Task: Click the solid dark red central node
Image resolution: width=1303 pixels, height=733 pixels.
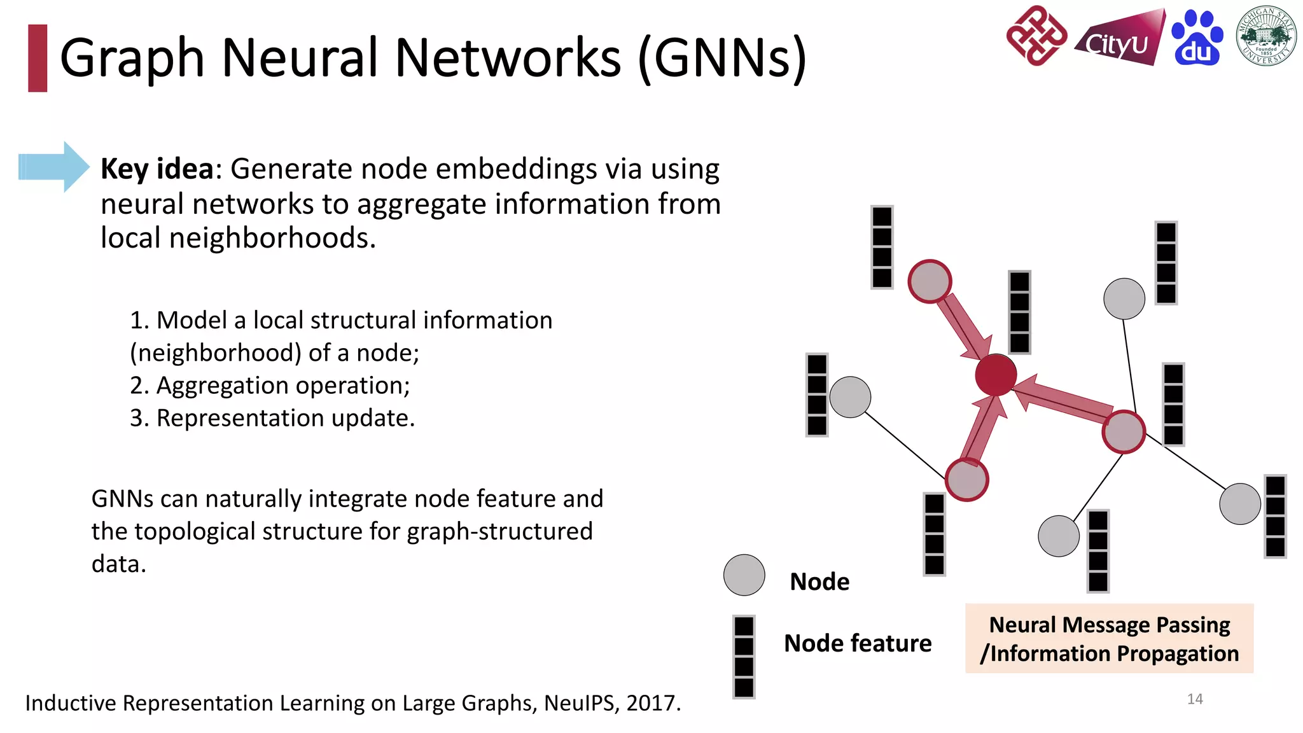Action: tap(996, 375)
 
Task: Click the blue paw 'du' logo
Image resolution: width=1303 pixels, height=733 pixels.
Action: tap(1197, 38)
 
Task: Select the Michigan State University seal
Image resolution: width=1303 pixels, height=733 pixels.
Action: tap(1266, 36)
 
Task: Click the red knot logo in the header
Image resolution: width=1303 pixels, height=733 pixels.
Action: tap(1036, 36)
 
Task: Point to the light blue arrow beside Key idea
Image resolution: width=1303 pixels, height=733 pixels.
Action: tap(53, 167)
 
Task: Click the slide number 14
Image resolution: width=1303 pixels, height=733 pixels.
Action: tap(1195, 699)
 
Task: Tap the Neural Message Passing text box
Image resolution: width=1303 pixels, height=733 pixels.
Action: tap(1109, 638)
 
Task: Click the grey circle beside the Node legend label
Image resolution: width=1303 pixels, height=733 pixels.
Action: tap(744, 575)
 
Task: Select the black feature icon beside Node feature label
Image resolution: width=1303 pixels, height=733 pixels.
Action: tap(744, 657)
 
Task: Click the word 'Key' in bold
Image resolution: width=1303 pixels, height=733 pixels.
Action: tap(124, 169)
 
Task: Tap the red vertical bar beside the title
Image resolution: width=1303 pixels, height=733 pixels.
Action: tap(38, 58)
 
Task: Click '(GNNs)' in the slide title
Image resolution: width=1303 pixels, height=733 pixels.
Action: tap(722, 58)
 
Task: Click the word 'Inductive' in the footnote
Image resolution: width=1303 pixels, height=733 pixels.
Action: tap(71, 703)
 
